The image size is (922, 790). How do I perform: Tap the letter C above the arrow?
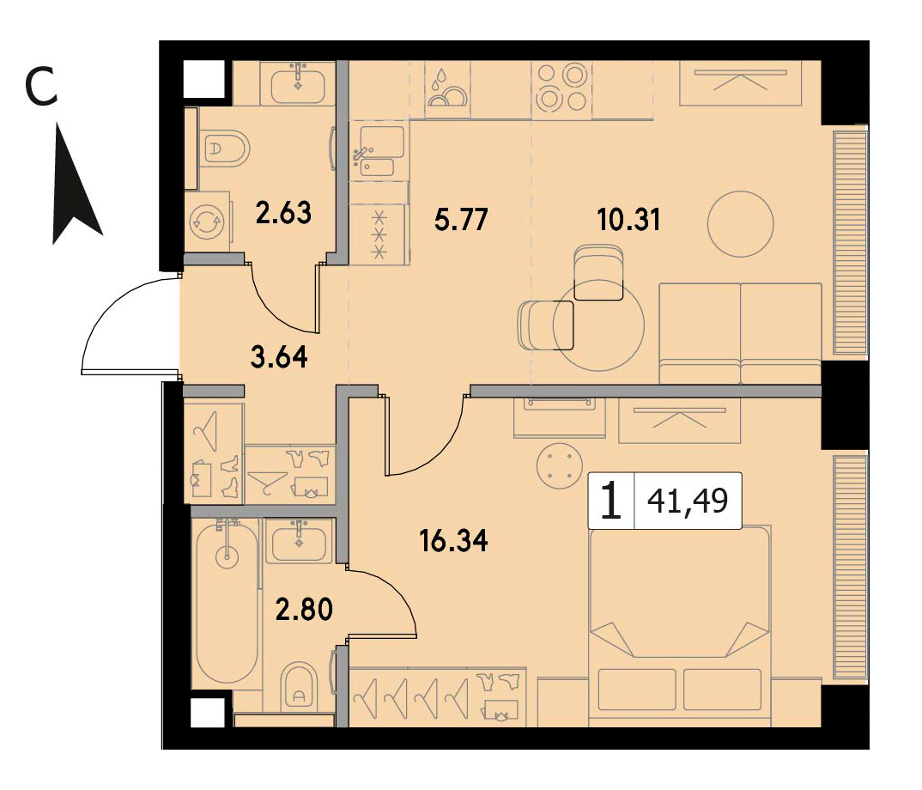[41, 87]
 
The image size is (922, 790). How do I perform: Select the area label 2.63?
[283, 212]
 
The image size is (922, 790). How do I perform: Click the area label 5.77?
[462, 219]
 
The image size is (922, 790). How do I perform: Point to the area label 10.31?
[628, 220]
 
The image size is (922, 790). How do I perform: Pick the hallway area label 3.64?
[279, 356]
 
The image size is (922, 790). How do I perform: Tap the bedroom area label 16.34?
[454, 541]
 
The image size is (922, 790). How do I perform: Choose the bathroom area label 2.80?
[305, 609]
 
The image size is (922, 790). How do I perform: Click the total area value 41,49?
[688, 501]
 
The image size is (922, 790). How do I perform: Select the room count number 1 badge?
[611, 501]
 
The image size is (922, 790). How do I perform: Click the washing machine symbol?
[207, 223]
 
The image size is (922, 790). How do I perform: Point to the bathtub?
[227, 602]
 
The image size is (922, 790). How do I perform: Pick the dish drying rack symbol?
[447, 90]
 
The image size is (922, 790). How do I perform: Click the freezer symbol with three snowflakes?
[379, 234]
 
